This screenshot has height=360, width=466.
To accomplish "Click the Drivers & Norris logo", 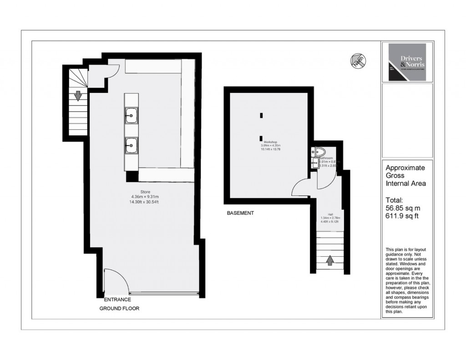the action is click(407, 62).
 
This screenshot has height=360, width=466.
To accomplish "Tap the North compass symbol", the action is click(359, 61).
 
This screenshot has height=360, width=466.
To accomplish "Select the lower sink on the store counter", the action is click(131, 146).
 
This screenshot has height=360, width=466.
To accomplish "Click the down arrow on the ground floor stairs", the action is click(78, 96).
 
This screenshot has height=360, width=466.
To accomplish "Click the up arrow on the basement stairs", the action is click(329, 260).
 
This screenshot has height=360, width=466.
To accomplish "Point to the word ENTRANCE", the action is click(117, 299).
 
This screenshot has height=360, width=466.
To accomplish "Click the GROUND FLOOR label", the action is click(119, 309).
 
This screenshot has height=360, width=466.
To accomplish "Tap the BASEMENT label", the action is click(240, 213).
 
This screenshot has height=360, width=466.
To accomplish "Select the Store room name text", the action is click(145, 191).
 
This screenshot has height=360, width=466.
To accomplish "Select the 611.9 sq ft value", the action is click(401, 216).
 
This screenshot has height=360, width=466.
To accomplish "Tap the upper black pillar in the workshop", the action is click(261, 115).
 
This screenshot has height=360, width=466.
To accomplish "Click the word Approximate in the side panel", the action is click(405, 167).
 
